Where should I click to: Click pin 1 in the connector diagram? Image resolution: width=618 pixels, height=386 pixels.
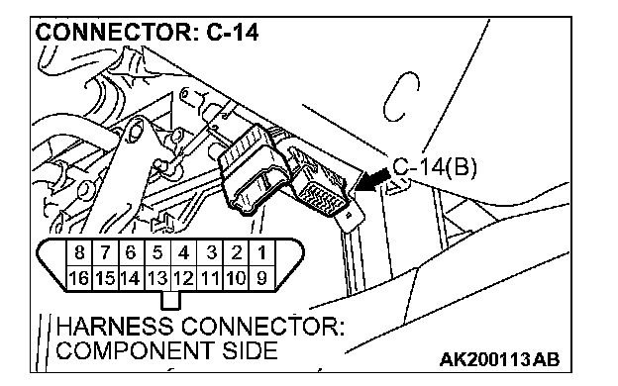(x=262, y=252)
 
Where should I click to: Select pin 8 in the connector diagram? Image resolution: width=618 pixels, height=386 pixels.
(x=79, y=252)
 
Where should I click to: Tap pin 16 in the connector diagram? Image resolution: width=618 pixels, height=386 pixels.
(x=79, y=278)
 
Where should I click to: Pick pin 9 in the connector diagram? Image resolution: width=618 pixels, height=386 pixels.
(x=262, y=278)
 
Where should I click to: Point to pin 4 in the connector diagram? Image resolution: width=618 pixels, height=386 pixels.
(x=183, y=252)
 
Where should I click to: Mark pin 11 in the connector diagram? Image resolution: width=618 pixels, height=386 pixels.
(x=210, y=278)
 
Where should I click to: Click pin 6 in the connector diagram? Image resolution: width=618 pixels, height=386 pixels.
(x=132, y=252)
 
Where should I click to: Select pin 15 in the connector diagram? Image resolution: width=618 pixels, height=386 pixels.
(x=105, y=278)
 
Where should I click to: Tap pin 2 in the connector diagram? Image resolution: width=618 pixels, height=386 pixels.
(x=237, y=252)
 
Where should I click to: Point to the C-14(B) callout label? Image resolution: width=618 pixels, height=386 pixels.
(x=435, y=167)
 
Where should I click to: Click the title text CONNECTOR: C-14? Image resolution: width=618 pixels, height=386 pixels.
(x=147, y=32)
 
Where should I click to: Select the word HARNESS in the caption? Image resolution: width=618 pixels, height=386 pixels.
(x=115, y=327)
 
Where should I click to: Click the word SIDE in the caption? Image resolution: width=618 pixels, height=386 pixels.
(x=250, y=350)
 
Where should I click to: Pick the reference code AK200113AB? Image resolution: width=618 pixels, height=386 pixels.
(x=499, y=359)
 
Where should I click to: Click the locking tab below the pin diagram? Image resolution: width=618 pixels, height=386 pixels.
(x=170, y=301)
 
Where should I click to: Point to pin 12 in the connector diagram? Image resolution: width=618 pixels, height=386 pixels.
(x=183, y=278)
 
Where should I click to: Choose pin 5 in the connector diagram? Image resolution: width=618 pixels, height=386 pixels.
(x=157, y=252)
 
